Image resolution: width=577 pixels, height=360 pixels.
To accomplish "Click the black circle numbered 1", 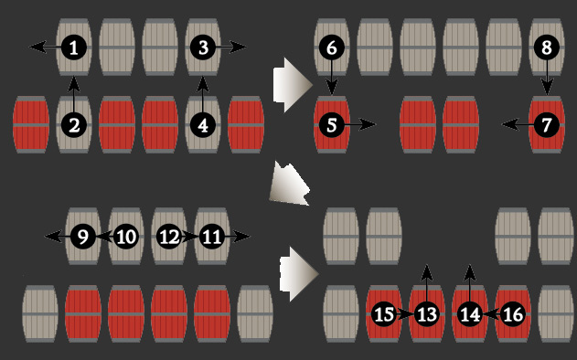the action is click(x=74, y=48).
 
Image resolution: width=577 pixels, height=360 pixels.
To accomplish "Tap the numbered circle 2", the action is click(x=74, y=125).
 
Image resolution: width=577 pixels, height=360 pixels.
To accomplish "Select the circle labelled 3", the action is click(x=203, y=48).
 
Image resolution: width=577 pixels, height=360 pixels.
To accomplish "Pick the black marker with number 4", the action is click(x=203, y=125).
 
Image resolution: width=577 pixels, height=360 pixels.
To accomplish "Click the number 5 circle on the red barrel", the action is click(x=332, y=125).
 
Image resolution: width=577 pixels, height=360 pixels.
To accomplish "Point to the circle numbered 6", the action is click(x=332, y=48).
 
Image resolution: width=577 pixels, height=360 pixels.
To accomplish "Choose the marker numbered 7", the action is click(x=547, y=125).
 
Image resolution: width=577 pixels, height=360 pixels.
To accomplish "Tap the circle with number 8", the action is click(x=547, y=48).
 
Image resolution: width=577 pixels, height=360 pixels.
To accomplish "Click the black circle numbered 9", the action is click(x=83, y=237).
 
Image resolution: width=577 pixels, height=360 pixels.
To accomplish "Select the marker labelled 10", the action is click(x=126, y=237).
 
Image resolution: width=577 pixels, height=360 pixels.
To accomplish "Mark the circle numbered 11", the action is click(x=212, y=237).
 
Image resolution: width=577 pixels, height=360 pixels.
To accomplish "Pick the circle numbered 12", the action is click(x=169, y=237).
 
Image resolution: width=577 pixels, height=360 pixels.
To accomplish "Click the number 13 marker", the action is click(x=427, y=314).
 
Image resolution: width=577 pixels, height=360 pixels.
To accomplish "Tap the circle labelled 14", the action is click(x=470, y=314).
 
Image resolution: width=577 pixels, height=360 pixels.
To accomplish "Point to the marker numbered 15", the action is click(x=384, y=314).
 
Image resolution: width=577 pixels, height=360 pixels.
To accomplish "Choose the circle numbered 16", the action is click(x=513, y=314).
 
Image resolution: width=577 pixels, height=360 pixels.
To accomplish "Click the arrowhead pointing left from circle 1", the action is click(x=37, y=48).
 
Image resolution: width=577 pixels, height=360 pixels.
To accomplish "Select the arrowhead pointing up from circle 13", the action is click(x=426, y=272).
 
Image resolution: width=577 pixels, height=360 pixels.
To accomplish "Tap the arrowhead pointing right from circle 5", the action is click(x=368, y=124).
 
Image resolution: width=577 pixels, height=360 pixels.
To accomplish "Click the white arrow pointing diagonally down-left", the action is click(x=290, y=184).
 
